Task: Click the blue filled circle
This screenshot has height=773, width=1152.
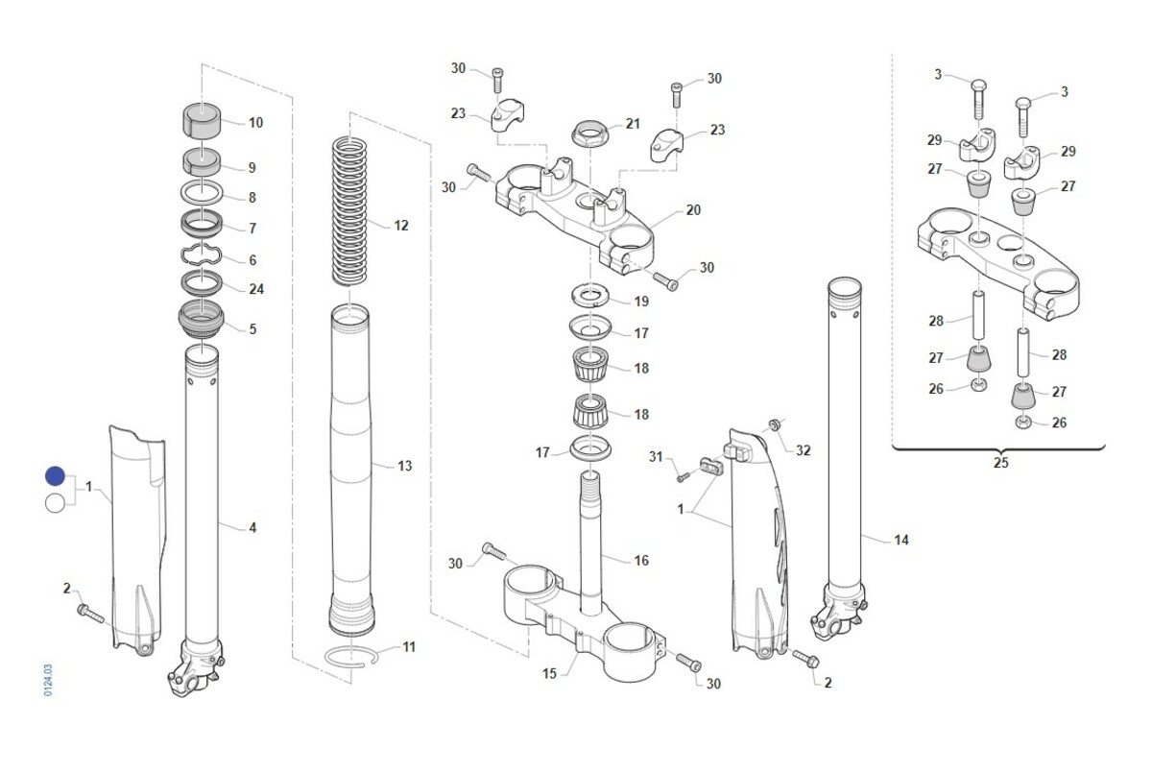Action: pos(55,476)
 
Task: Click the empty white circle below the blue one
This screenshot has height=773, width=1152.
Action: pos(55,502)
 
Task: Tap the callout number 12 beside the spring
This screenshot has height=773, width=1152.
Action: pos(401,226)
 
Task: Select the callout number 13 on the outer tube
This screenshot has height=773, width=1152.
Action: pos(405,466)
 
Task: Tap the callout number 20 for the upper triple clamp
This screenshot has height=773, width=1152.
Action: pos(693,210)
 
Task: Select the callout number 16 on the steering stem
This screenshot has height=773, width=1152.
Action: pos(641,560)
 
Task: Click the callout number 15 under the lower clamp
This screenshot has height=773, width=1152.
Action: pos(549,674)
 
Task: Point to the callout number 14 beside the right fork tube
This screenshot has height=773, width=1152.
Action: pos(900,541)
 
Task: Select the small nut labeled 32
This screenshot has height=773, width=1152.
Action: pos(773,423)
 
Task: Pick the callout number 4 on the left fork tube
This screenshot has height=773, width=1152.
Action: pos(252,527)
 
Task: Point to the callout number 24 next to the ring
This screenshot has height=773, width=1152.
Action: pos(256,289)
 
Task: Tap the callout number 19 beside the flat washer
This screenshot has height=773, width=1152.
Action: pos(641,302)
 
